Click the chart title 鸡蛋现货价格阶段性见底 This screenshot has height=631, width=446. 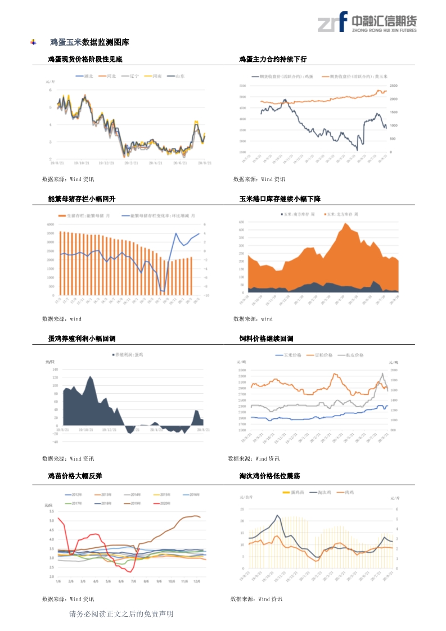coord(85,59)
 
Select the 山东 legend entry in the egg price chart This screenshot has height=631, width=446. coord(180,76)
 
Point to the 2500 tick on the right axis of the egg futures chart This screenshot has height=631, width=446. coord(394,85)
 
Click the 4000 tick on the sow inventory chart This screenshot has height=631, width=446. coord(51,224)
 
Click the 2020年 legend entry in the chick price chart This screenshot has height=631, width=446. coord(165,503)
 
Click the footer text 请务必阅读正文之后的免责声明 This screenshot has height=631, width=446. coord(121,614)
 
